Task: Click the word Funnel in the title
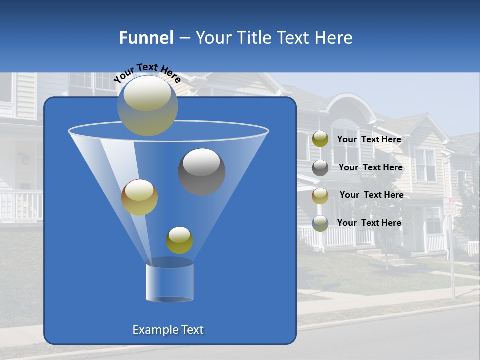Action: pyautogui.click(x=146, y=38)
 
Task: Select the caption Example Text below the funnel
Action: pyautogui.click(x=168, y=330)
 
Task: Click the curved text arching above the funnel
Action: pyautogui.click(x=147, y=72)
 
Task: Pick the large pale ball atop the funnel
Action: pyautogui.click(x=147, y=105)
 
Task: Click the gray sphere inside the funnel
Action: pyautogui.click(x=201, y=171)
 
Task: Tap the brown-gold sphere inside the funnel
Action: pyautogui.click(x=139, y=197)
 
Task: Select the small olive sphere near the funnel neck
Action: pyautogui.click(x=179, y=240)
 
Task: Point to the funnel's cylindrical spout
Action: pyautogui.click(x=169, y=281)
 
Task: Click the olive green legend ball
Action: pyautogui.click(x=320, y=139)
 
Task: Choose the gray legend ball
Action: pyautogui.click(x=320, y=167)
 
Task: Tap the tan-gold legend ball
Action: pyautogui.click(x=320, y=195)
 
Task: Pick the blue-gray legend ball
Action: pyautogui.click(x=320, y=223)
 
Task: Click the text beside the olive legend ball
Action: pyautogui.click(x=369, y=139)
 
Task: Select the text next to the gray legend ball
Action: pyautogui.click(x=370, y=167)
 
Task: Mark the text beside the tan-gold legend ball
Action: pyautogui.click(x=371, y=195)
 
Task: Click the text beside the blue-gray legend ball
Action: pyautogui.click(x=369, y=223)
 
